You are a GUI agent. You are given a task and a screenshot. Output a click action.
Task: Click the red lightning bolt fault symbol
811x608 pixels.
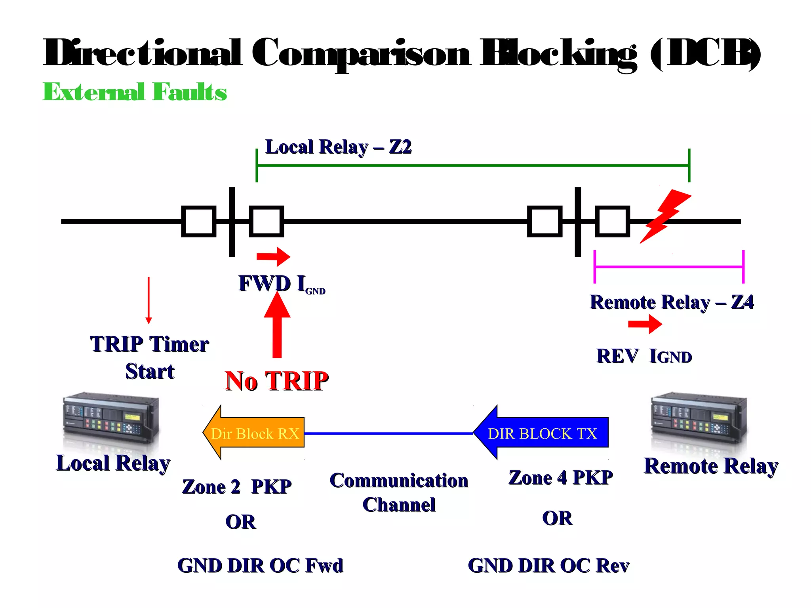point(665,216)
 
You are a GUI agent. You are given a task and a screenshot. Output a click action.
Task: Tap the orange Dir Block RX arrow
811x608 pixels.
point(253,433)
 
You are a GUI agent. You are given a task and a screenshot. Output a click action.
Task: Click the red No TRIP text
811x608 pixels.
point(276,381)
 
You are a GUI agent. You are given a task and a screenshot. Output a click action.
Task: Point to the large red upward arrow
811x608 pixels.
point(277,325)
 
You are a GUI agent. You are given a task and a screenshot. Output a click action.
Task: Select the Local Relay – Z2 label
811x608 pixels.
point(338,147)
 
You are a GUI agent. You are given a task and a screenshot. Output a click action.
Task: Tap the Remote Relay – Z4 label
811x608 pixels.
point(672,302)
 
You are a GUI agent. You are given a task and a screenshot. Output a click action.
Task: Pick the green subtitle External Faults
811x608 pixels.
point(135,92)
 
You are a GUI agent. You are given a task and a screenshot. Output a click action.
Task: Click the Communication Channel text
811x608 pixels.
point(399,492)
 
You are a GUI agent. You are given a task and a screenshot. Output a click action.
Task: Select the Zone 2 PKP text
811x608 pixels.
point(236,486)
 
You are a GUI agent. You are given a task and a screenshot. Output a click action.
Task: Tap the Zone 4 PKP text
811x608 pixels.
point(560,477)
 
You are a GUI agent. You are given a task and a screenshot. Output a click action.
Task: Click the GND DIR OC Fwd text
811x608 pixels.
point(260,565)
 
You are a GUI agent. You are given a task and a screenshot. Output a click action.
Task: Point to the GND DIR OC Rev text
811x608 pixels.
point(548,565)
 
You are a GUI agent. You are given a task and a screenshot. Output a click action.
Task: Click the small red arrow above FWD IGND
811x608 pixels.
point(273,256)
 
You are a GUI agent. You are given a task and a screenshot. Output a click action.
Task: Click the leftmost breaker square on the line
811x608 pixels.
point(199,221)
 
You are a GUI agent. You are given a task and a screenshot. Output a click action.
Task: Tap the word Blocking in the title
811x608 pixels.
point(558,53)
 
